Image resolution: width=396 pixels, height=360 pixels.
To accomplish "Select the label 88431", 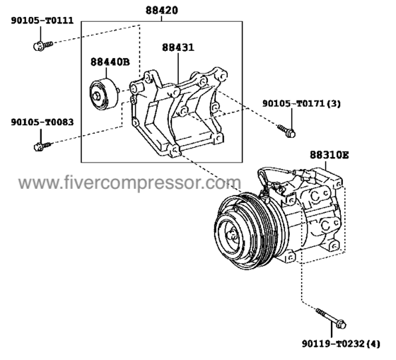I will (177, 48).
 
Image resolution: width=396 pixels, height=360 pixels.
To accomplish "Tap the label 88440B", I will (110, 62).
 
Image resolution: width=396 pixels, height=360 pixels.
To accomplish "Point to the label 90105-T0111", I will (42, 21).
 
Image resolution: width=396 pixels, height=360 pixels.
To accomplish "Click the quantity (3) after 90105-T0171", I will (334, 104).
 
